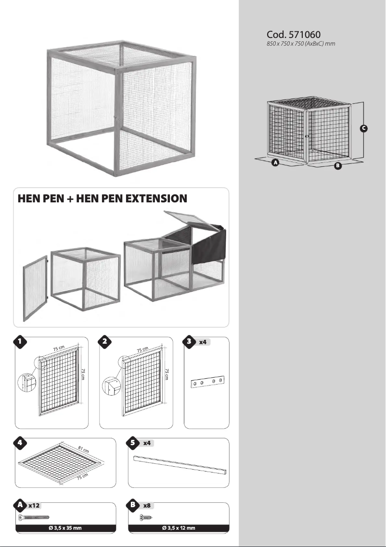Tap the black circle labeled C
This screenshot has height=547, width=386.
point(364,128)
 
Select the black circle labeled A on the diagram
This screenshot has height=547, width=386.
point(275,163)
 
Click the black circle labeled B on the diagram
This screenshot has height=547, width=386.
point(338,166)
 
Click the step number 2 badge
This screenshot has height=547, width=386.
point(103,341)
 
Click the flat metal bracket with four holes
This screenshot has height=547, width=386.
point(207,382)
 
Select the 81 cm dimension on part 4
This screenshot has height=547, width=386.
point(83,451)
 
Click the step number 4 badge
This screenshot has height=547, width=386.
point(19,443)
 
